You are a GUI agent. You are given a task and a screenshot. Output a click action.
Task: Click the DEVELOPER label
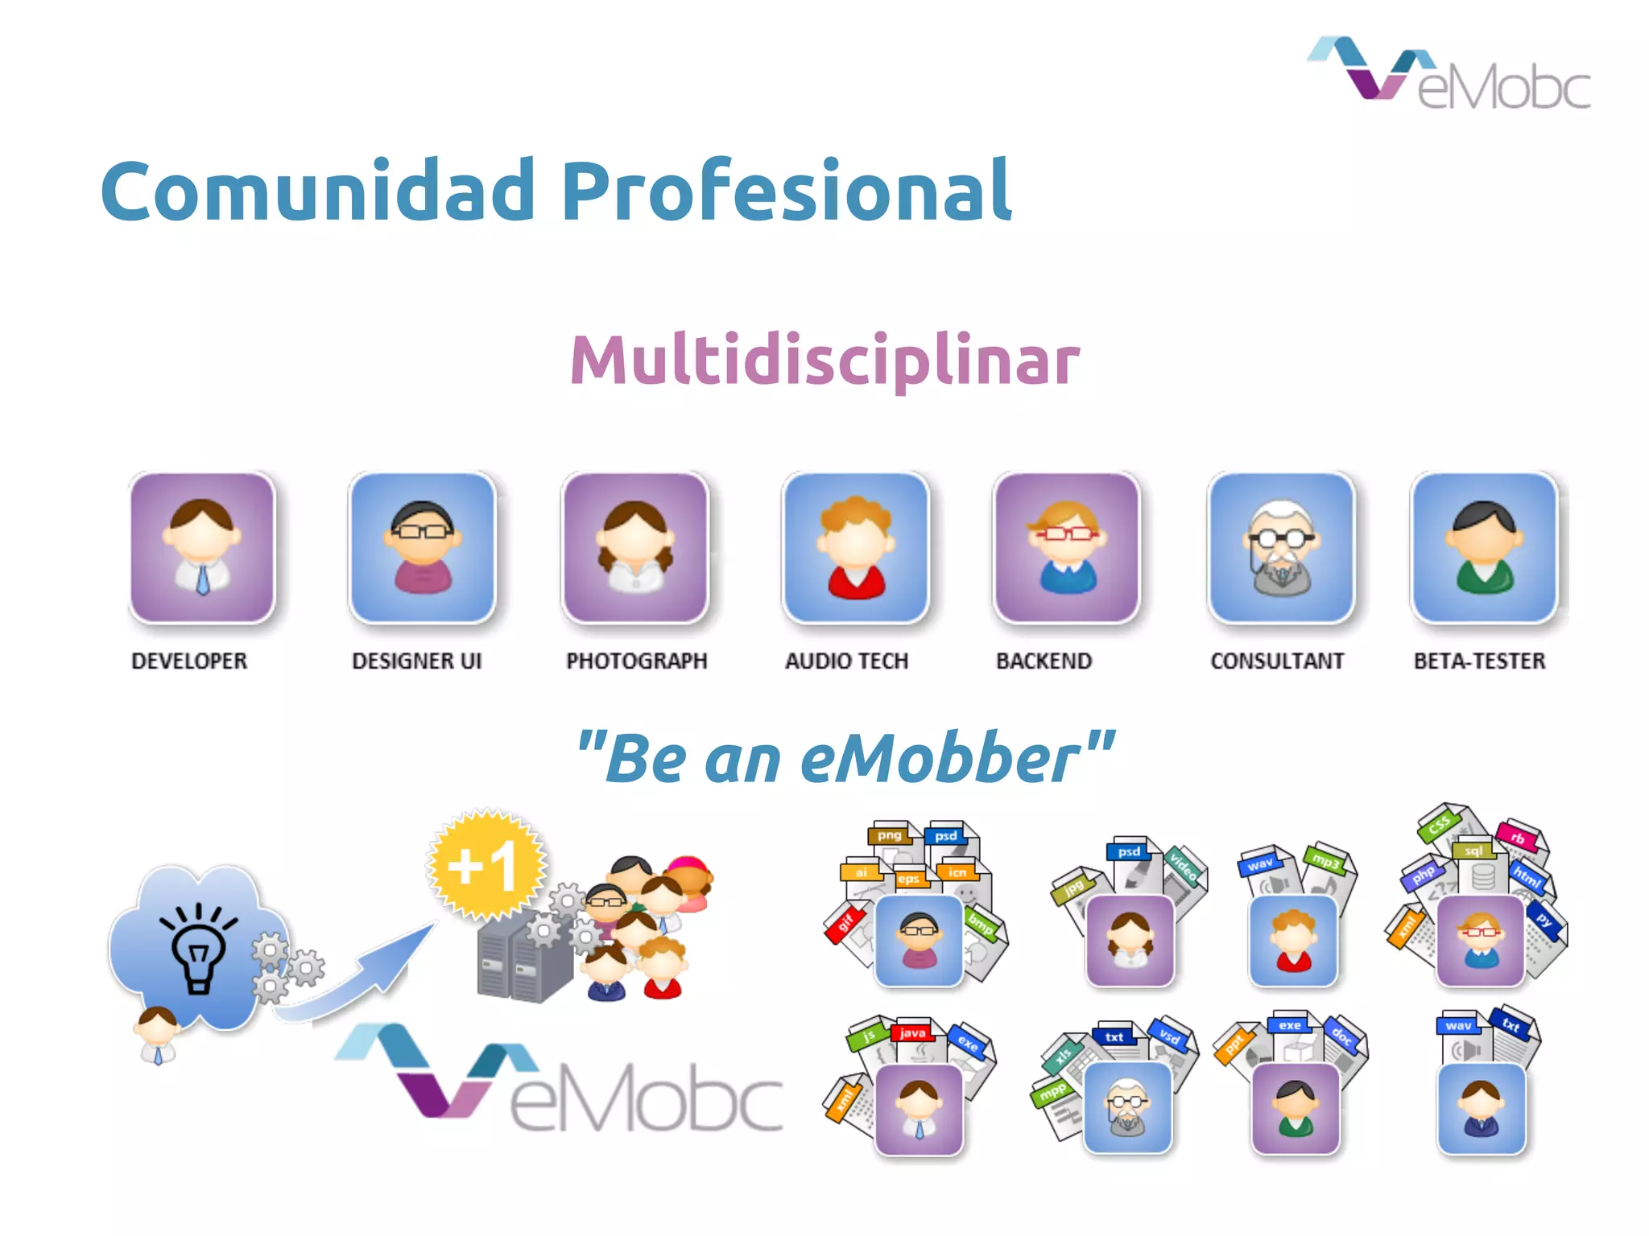tap(189, 661)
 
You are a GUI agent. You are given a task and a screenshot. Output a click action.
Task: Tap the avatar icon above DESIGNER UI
tap(423, 547)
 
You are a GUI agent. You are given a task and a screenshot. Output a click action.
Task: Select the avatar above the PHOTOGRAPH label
tap(635, 547)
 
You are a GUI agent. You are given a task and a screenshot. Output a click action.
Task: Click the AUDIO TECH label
tap(846, 661)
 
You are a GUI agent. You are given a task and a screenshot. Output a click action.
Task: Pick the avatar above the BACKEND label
tap(1066, 547)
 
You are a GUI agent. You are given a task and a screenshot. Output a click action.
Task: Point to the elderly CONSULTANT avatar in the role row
tap(1281, 547)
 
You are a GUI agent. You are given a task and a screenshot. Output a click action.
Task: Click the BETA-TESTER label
tap(1479, 661)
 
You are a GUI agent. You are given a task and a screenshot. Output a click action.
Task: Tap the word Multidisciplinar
tap(824, 360)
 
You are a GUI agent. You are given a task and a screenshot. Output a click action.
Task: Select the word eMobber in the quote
tap(940, 759)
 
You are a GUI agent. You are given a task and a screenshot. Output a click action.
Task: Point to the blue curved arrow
tap(362, 982)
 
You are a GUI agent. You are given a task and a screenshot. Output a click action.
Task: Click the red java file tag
tap(912, 1032)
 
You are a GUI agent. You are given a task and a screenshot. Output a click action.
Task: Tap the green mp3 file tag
tap(1325, 860)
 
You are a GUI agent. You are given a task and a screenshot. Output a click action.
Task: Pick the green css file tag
tap(1439, 825)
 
